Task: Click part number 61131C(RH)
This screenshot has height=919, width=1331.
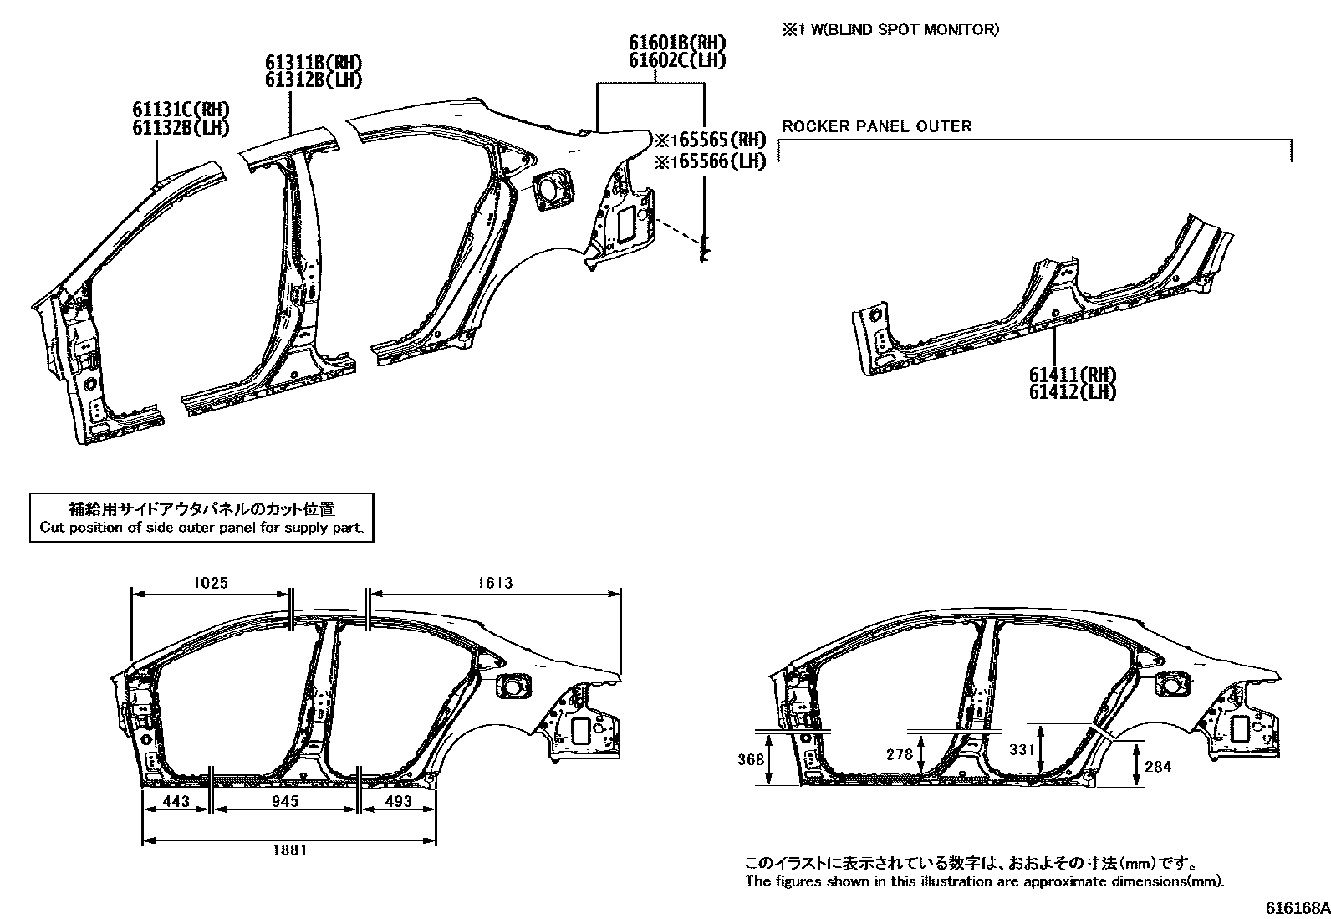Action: click(x=181, y=110)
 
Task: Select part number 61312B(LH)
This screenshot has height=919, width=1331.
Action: click(x=314, y=80)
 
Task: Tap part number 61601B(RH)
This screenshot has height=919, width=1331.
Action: click(x=677, y=43)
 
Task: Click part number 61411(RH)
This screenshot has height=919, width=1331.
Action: click(x=1073, y=375)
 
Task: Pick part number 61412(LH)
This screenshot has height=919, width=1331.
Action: click(x=1073, y=391)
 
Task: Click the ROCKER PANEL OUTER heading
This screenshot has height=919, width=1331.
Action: click(x=876, y=126)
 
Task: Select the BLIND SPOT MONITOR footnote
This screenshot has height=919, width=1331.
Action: click(x=890, y=30)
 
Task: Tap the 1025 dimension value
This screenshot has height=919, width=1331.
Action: click(x=211, y=583)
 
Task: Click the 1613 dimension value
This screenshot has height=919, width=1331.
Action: click(x=495, y=583)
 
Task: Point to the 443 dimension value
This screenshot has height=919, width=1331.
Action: click(x=176, y=801)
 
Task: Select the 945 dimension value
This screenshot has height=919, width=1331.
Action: click(x=284, y=801)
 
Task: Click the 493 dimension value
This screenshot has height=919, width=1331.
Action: click(x=398, y=801)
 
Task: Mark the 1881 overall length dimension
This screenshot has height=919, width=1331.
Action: click(x=289, y=850)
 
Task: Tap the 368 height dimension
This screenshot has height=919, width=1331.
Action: click(x=751, y=759)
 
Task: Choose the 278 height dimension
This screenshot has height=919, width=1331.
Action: click(x=900, y=754)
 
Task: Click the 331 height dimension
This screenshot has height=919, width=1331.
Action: click(x=1022, y=750)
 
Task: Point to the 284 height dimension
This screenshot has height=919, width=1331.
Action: click(x=1158, y=766)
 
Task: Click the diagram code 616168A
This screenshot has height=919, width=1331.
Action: click(x=1296, y=908)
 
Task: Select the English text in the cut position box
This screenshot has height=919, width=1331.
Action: click(x=201, y=528)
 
